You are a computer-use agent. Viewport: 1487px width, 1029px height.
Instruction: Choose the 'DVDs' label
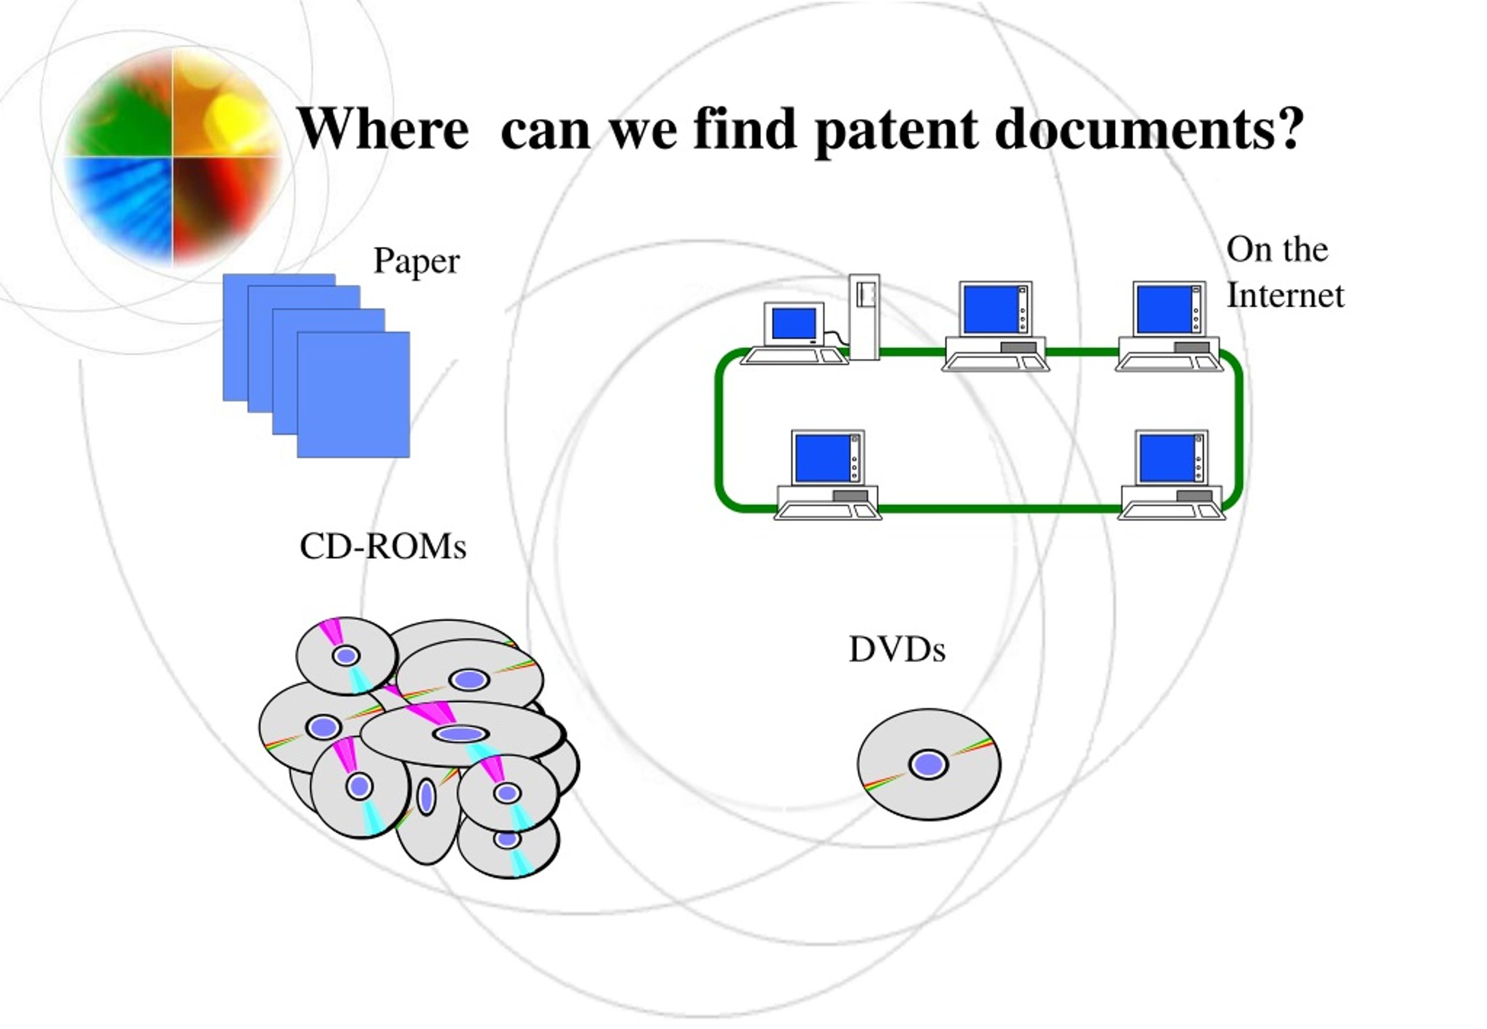[x=897, y=649]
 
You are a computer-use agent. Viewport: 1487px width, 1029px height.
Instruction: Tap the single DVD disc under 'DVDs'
[x=929, y=765]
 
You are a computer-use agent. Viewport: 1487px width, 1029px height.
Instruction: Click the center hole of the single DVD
[x=929, y=765]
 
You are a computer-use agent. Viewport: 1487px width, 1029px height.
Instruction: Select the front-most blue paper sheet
[x=353, y=394]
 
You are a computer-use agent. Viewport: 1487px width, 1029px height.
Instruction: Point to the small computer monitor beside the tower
[x=794, y=323]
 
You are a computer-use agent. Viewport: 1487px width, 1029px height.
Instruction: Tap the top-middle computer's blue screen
[x=990, y=310]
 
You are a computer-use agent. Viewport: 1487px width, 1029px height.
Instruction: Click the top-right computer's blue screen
[x=1164, y=310]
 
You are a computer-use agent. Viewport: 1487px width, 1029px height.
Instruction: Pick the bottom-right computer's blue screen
[x=1166, y=458]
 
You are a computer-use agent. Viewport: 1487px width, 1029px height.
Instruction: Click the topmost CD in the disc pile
[x=346, y=656]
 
